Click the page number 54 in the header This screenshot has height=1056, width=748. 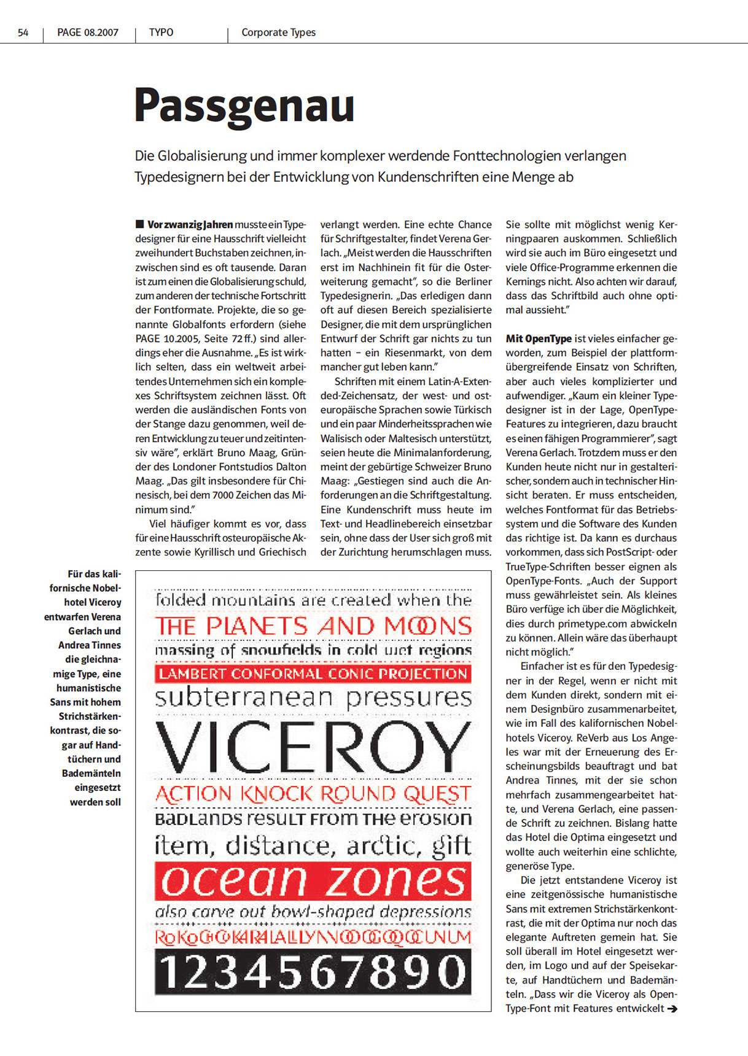click(23, 33)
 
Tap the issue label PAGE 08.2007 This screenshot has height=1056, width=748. click(88, 33)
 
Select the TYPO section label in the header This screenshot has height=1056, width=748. click(161, 33)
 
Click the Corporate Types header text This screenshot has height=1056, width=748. click(278, 33)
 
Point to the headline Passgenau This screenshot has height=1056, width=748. click(244, 106)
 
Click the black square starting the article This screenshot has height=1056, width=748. click(139, 224)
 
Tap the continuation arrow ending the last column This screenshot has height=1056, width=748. click(672, 1008)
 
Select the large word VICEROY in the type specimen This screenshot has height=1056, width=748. click(313, 747)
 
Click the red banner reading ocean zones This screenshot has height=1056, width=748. click(313, 881)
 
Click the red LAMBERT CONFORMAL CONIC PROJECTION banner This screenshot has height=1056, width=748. click(313, 674)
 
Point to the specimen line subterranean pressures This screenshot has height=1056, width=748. click(313, 698)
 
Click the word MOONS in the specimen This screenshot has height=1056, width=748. click(428, 626)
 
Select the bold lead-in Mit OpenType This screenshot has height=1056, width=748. click(539, 338)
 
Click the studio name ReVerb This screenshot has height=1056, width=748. click(593, 737)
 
